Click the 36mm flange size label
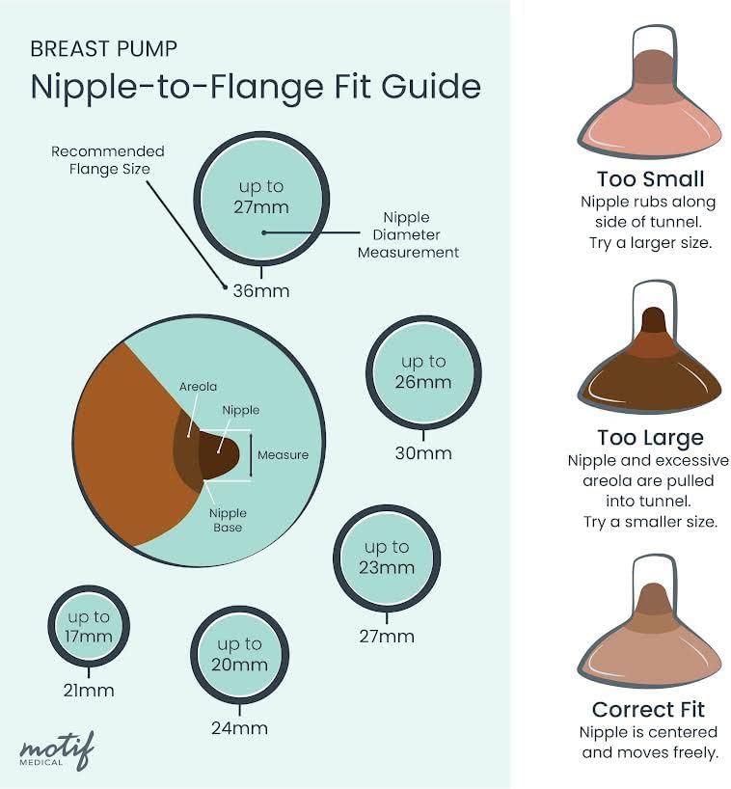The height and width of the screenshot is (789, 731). [260, 289]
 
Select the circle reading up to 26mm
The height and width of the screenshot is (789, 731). [424, 371]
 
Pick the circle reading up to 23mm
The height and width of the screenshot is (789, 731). [387, 557]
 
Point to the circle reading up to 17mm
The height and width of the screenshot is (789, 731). [89, 626]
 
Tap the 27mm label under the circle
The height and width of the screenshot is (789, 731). [387, 636]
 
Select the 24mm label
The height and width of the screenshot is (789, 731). [239, 727]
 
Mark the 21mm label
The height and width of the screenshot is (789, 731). [89, 690]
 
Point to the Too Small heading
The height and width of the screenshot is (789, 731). [650, 179]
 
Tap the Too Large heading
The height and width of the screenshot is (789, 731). [650, 438]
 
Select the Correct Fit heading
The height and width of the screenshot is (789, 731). [649, 710]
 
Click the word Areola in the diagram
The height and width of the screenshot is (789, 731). [198, 387]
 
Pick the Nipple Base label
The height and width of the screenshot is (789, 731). [229, 520]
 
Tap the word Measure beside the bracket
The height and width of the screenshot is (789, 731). [284, 454]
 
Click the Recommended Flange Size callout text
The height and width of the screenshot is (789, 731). [108, 160]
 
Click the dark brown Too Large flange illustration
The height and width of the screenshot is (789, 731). [650, 367]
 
